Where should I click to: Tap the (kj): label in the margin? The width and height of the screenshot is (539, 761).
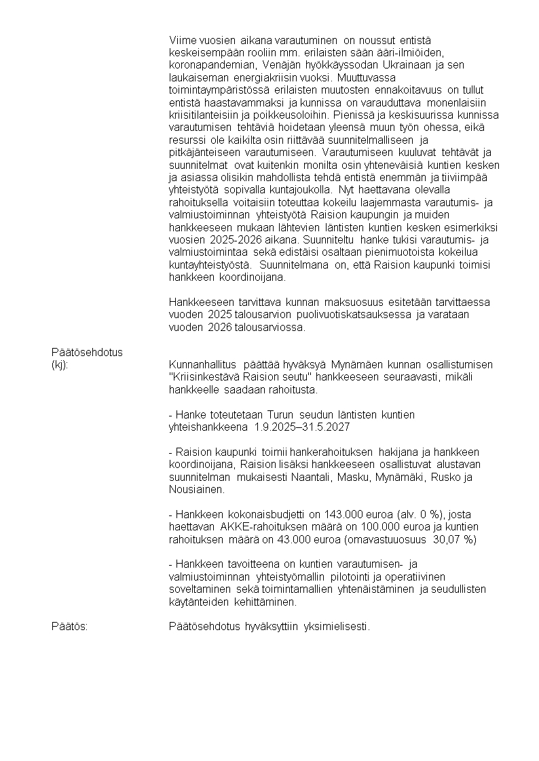click(60, 365)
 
